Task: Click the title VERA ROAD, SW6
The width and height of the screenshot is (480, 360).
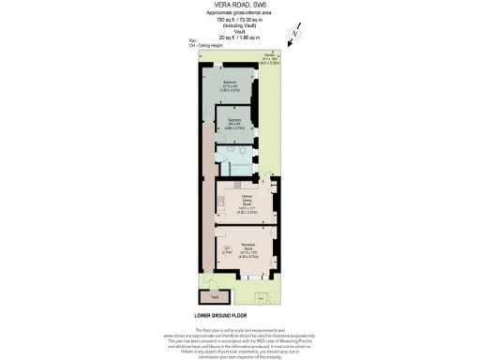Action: click(x=239, y=5)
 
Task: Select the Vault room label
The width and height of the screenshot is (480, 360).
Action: click(x=213, y=296)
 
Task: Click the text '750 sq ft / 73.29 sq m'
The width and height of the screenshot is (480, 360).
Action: click(x=239, y=18)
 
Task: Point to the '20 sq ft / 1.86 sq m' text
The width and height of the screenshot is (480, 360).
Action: click(x=239, y=36)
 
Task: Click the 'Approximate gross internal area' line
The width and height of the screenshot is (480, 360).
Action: click(x=239, y=12)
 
